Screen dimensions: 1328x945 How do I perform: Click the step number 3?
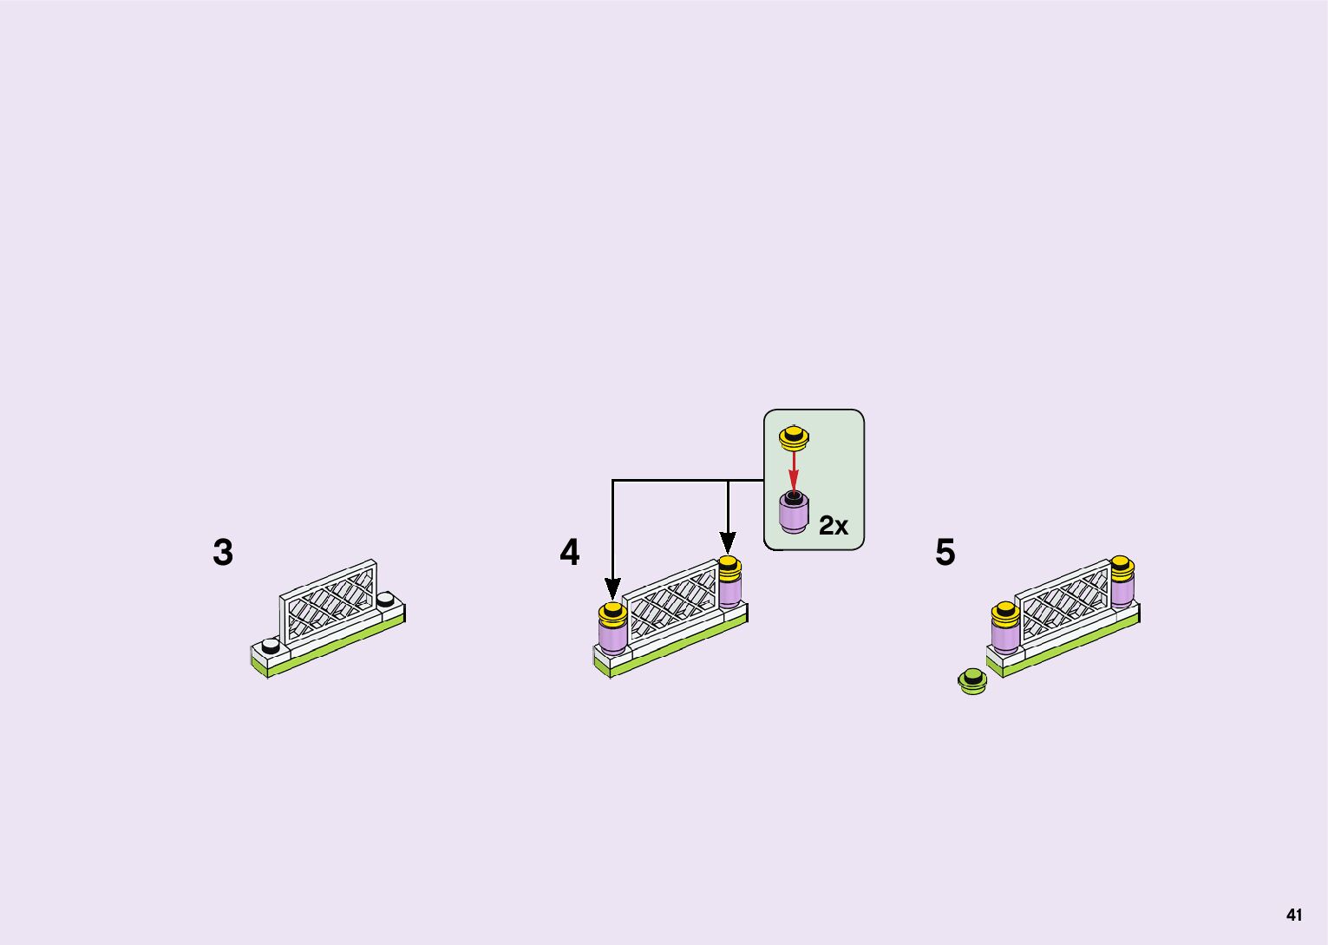tap(223, 553)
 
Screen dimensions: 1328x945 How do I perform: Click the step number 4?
tap(569, 553)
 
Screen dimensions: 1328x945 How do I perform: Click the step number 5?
tap(945, 553)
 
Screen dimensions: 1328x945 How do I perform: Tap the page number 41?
tap(1294, 915)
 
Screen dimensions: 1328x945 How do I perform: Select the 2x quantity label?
tap(834, 525)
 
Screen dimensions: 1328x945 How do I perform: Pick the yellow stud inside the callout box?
tap(794, 437)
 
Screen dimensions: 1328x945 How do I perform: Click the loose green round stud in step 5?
tap(972, 681)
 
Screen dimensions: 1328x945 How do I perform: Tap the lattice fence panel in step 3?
tap(329, 602)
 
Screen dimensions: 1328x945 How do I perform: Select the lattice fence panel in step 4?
tap(671, 601)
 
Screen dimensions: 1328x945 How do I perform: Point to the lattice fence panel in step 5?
tap(1063, 600)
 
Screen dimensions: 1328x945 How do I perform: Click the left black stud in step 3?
tap(271, 646)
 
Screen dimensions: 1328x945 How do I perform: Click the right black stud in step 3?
tap(386, 599)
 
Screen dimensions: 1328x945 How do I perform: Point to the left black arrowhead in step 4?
tap(613, 589)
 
